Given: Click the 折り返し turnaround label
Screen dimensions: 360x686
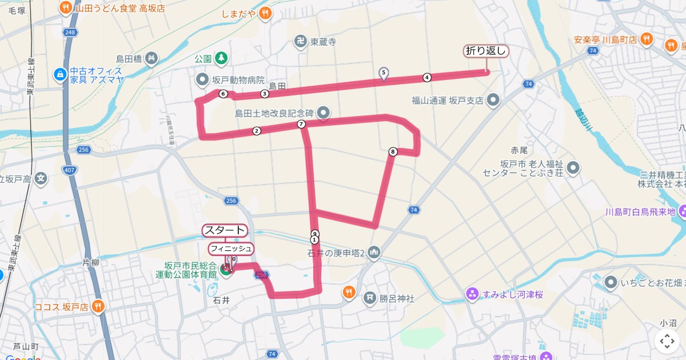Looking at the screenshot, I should coord(485,51).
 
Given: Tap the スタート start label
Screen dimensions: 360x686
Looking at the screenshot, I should coord(225,230).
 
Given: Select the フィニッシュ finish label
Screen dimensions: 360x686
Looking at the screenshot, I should coord(230,249).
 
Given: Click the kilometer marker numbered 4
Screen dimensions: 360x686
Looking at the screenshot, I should coord(426,77).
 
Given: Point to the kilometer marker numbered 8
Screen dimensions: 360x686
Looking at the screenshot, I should coord(392,151).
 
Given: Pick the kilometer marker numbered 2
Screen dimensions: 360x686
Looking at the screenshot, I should coord(257,131).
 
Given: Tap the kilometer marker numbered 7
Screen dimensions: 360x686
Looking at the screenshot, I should coord(301,124).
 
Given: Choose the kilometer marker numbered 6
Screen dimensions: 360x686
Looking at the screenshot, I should coord(223,94).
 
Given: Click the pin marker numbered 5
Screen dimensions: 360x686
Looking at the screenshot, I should coord(384,73).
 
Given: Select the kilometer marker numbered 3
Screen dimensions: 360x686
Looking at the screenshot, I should coord(265,93).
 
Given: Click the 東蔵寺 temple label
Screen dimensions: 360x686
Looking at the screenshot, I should coord(323,42).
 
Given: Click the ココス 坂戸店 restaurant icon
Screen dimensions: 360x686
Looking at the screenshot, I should coord(98,306).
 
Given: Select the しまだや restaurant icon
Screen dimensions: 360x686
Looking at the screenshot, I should coord(264,13).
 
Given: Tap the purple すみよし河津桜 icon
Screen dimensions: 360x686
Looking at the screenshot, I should coord(472,294).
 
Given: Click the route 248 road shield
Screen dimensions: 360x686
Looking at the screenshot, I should coord(70,32).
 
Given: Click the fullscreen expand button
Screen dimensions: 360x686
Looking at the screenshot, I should coord(667,341).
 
